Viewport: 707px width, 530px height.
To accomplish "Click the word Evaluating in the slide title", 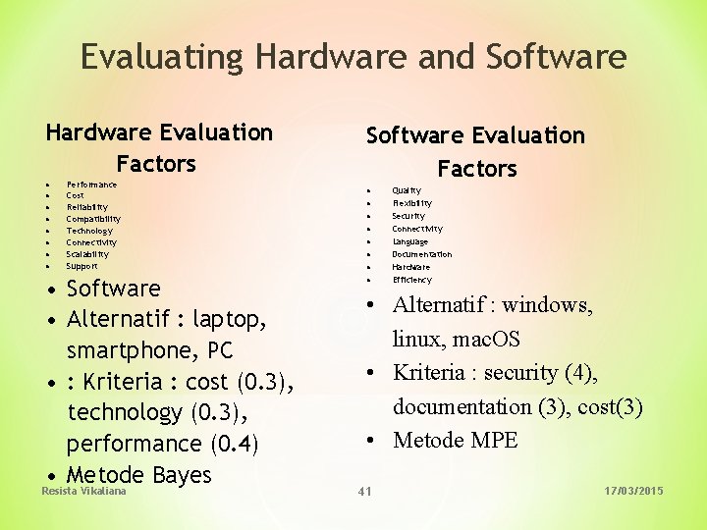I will click(163, 57).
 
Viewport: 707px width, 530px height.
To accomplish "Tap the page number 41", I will click(364, 490).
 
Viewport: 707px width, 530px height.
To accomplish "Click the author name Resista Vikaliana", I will click(83, 490).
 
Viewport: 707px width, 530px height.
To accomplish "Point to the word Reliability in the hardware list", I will click(86, 207).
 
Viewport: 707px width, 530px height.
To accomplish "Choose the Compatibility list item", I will click(93, 219).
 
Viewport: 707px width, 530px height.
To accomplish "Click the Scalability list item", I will click(87, 254).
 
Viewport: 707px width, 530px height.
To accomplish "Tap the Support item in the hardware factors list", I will click(82, 266).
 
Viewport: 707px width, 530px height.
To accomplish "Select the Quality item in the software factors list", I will click(407, 190).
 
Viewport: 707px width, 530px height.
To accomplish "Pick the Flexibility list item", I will click(411, 203).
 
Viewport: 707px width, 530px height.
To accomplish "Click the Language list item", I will click(409, 241).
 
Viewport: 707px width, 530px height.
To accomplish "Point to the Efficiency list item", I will click(411, 280).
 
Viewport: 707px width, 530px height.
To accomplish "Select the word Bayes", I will click(182, 475).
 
